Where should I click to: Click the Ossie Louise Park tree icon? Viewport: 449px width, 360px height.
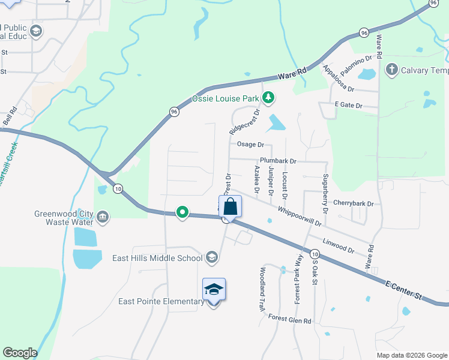point(270,97)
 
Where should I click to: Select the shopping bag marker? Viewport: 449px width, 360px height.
point(231,208)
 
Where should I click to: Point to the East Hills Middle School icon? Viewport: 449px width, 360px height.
point(211,258)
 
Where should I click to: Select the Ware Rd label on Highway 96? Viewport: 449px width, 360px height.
point(292,74)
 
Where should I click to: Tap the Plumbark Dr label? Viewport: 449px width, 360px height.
point(278,161)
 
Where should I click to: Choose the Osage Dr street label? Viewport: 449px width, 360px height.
point(250,145)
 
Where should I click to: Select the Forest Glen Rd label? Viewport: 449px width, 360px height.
point(289,320)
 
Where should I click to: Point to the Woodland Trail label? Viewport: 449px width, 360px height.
point(262,289)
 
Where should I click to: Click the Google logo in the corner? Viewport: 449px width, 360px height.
point(20,353)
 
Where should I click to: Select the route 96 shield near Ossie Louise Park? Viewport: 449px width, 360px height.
point(173,112)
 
